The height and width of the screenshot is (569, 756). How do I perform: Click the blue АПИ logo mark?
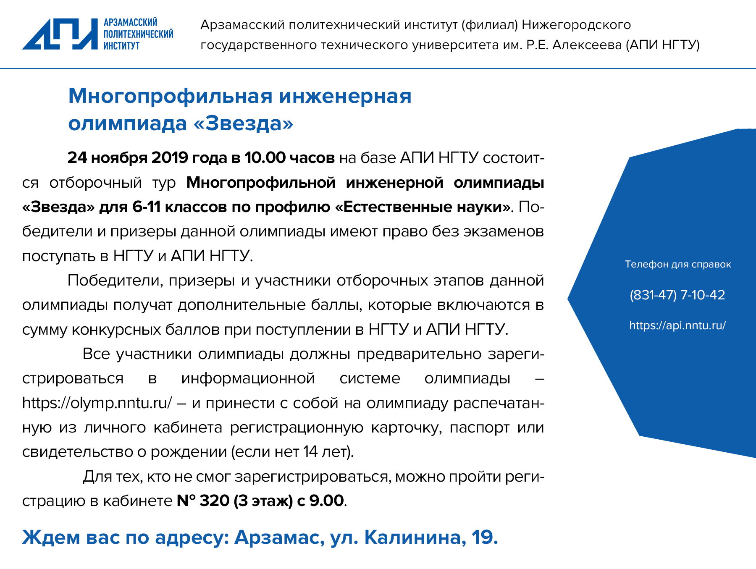[60, 34]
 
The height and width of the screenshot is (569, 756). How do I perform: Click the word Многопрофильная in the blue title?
[171, 96]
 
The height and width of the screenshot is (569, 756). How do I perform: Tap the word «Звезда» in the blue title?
[243, 123]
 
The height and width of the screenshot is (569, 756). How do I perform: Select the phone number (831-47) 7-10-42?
[677, 295]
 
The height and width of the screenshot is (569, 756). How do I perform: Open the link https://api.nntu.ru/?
[677, 325]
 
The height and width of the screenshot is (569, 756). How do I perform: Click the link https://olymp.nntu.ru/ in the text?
[97, 403]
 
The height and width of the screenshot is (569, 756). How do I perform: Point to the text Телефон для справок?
[678, 264]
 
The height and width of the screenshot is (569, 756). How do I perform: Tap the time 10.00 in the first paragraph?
[265, 157]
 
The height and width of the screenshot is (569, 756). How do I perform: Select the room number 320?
[214, 501]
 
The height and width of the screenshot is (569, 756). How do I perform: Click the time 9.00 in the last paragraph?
[326, 501]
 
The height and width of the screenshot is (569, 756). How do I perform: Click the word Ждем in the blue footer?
[51, 538]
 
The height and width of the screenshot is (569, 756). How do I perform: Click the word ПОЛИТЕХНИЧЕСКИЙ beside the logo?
[139, 34]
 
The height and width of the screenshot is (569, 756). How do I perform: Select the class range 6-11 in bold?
[146, 207]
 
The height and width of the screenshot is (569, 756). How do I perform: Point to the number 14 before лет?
[310, 452]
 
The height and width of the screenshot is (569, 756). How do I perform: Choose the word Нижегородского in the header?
[576, 25]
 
